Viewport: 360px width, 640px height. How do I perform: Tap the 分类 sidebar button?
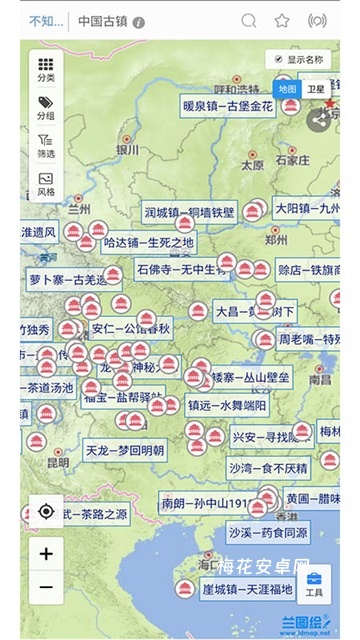46,69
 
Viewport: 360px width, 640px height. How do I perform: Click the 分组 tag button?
46,107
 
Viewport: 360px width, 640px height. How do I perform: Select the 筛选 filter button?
46,145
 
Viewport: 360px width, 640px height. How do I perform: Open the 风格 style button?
46,183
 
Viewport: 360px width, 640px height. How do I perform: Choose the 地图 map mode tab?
288,89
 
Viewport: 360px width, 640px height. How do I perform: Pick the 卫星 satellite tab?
316,89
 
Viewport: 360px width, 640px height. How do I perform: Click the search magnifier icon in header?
249,20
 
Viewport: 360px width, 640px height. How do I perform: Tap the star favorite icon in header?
282,20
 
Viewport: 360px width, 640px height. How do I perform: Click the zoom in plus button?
46,551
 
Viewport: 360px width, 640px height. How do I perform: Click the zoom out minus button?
46,587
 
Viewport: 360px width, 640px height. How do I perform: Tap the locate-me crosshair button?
46,511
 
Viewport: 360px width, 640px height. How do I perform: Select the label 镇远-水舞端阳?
227,405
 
